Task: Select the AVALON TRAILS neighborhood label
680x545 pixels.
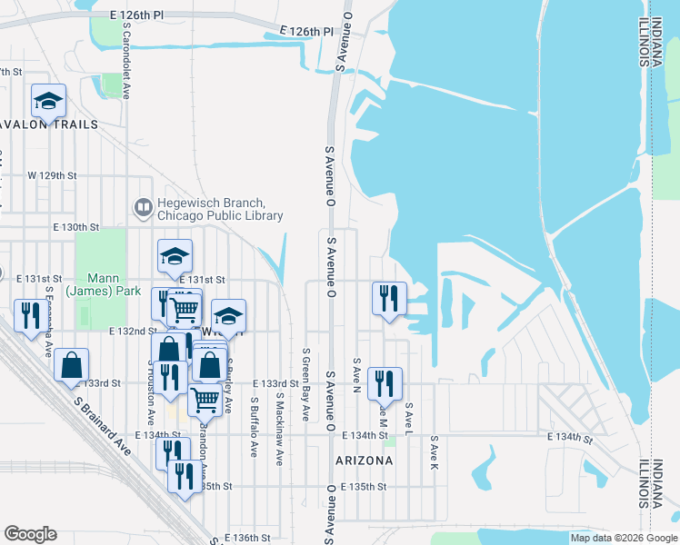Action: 37,124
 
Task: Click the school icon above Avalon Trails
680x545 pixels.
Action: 48,100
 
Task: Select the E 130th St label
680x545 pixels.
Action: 75,226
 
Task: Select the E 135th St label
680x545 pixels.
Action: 364,487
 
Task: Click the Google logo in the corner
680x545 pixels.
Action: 30,534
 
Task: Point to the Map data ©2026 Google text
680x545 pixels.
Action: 623,538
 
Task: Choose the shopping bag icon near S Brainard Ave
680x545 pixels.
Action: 71,365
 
